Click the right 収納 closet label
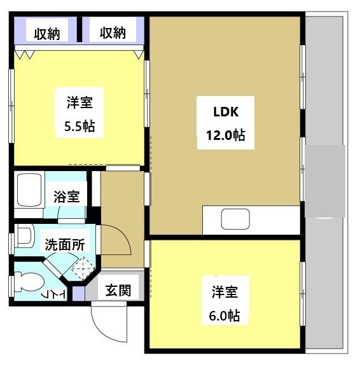[x=113, y=32]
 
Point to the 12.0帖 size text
[x=225, y=135]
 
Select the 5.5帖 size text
[x=80, y=127]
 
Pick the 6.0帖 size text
[x=225, y=315]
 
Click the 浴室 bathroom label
[x=67, y=196]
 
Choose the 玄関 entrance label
[x=118, y=291]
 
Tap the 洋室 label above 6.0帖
[x=225, y=292]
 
